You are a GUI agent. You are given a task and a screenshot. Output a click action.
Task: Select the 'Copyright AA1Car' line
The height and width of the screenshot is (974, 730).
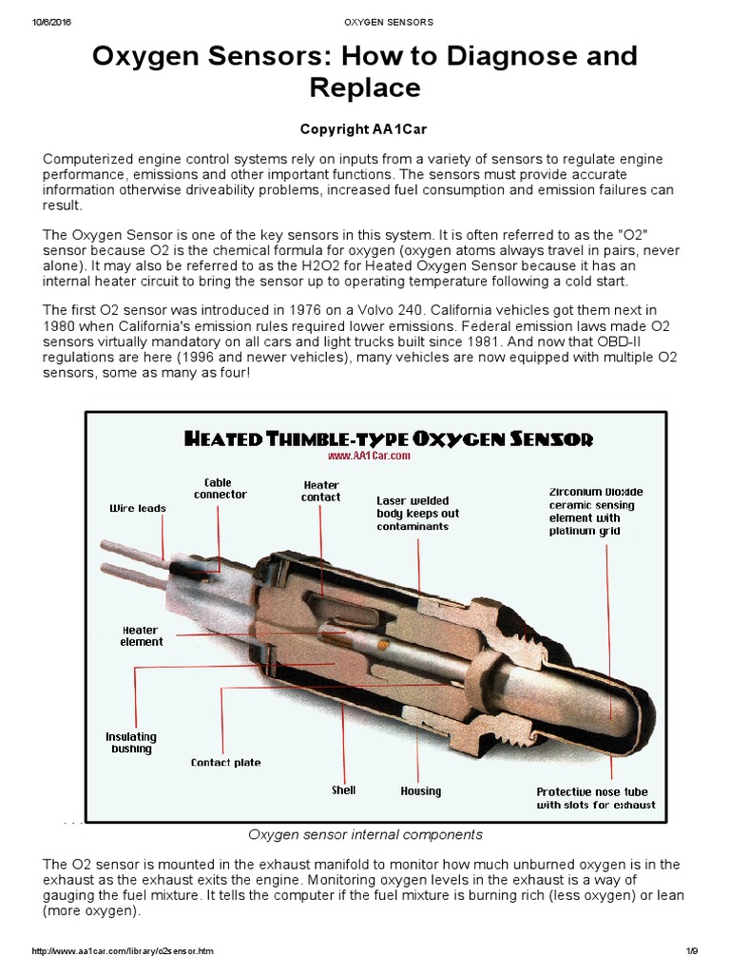[364, 129]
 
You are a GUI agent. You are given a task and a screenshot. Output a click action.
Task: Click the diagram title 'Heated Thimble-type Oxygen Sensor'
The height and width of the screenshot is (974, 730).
[387, 438]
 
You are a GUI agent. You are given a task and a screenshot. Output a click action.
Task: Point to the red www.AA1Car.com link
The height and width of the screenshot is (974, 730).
[369, 456]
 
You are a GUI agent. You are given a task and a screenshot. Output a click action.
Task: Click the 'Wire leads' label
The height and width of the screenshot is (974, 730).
[138, 509]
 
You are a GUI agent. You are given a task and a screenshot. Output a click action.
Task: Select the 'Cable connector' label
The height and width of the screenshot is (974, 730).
[220, 489]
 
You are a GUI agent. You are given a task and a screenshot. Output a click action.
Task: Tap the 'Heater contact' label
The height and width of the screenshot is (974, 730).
[321, 491]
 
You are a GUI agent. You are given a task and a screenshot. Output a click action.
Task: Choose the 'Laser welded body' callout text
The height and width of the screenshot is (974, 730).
[417, 514]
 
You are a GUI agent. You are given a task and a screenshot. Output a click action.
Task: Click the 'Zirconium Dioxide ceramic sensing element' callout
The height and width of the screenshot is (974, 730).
[596, 512]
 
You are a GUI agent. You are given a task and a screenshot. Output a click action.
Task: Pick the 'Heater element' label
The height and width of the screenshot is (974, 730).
[142, 636]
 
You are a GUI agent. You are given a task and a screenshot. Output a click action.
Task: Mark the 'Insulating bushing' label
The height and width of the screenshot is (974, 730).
[131, 743]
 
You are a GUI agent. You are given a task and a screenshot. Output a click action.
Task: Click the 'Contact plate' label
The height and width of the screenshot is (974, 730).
[225, 763]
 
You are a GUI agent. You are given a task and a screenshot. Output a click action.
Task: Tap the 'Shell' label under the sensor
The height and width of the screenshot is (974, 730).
[343, 790]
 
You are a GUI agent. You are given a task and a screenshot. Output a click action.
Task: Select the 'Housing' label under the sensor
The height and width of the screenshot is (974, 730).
[420, 791]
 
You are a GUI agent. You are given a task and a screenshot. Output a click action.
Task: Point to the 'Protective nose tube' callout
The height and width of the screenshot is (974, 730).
[595, 798]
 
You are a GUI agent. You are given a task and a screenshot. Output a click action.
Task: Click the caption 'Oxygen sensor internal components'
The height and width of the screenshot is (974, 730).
[365, 835]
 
